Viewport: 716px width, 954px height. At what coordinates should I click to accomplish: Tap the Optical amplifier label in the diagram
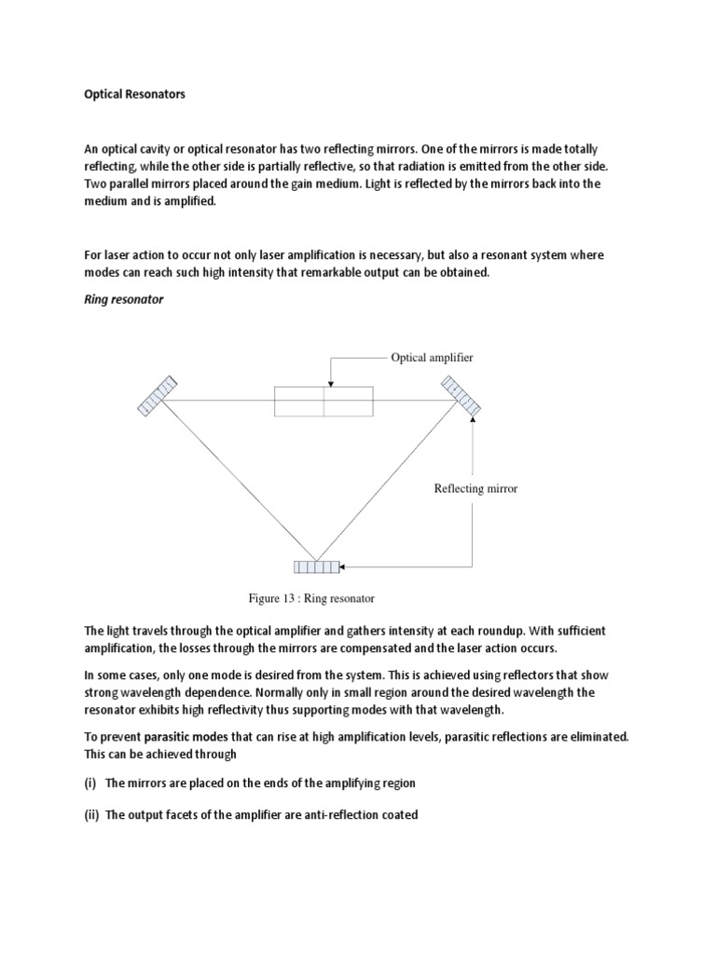(x=432, y=357)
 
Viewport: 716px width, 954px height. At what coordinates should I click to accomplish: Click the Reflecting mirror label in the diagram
(x=475, y=488)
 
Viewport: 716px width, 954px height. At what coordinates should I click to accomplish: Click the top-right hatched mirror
(x=460, y=395)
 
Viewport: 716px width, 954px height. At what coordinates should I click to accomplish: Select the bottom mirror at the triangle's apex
(x=316, y=566)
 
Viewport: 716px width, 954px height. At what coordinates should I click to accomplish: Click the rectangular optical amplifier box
(x=324, y=402)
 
